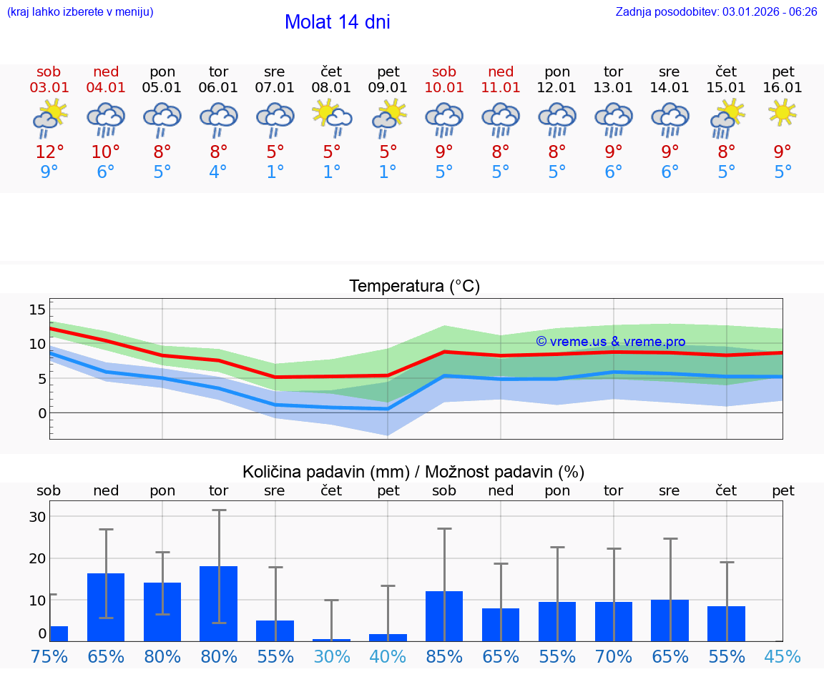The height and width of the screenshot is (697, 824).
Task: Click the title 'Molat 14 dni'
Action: [337, 22]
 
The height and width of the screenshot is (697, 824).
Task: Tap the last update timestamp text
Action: [716, 11]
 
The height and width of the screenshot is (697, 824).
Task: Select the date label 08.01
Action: [331, 88]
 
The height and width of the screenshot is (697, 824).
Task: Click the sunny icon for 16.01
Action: [783, 112]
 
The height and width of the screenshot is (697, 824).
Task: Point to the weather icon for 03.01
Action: [49, 119]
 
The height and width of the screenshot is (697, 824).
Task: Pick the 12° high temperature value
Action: [49, 152]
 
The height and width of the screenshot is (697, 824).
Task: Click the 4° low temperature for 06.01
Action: [218, 172]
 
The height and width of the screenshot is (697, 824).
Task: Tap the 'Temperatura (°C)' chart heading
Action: [414, 287]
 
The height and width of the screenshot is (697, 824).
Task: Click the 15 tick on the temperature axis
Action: [37, 310]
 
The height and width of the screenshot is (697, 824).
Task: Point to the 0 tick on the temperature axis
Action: [41, 413]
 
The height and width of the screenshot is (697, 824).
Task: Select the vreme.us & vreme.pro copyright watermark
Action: [611, 342]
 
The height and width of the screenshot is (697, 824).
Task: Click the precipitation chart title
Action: [413, 472]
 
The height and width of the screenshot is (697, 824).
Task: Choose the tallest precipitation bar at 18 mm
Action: [218, 603]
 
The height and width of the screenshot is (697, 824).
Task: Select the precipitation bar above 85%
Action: [444, 616]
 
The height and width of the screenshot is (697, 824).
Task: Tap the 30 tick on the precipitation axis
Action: [37, 517]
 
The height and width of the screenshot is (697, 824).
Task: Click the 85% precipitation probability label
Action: [444, 657]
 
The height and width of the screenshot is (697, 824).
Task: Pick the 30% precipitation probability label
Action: [332, 657]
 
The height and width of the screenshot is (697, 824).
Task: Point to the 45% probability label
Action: [783, 657]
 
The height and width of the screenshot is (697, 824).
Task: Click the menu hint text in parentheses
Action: [80, 11]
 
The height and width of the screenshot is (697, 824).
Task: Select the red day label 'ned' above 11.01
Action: [501, 72]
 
